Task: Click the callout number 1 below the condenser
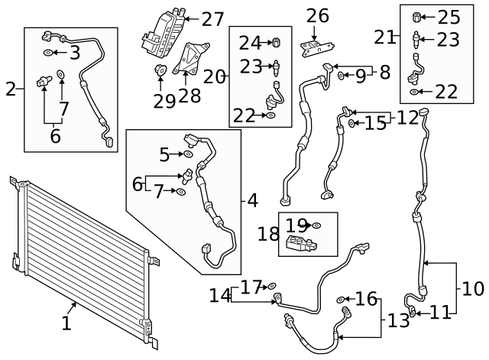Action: pyautogui.click(x=66, y=324)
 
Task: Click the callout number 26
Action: pyautogui.click(x=317, y=15)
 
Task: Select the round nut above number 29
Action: pyautogui.click(x=160, y=71)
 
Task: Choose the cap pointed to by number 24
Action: pyautogui.click(x=278, y=41)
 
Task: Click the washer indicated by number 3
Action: pyautogui.click(x=48, y=53)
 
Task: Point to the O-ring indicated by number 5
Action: pyautogui.click(x=188, y=155)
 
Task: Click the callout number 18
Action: pyautogui.click(x=268, y=235)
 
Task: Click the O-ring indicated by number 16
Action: pyautogui.click(x=341, y=299)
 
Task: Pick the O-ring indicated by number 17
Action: pyautogui.click(x=273, y=287)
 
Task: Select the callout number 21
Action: pyautogui.click(x=384, y=37)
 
